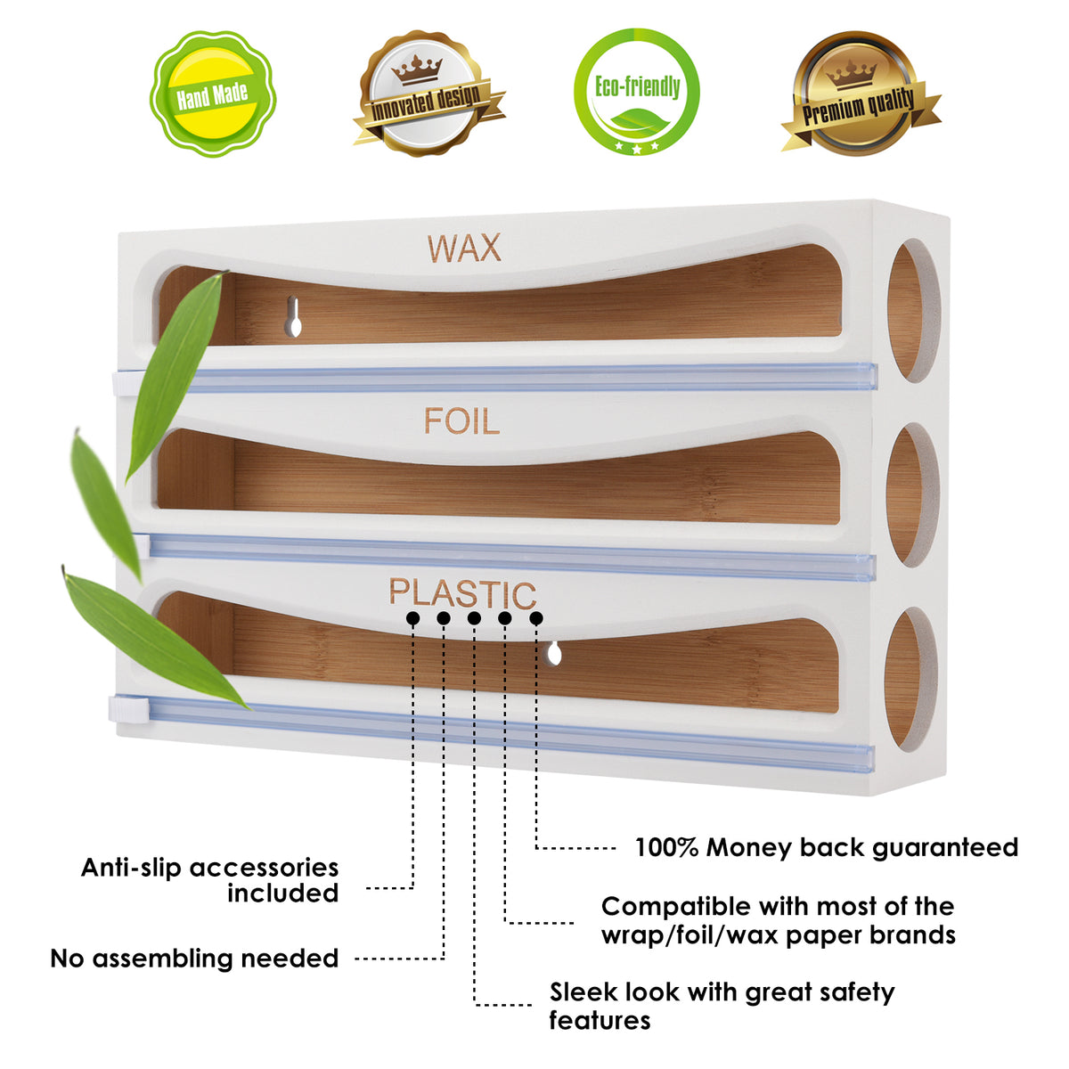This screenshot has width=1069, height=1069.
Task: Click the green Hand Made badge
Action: click(x=212, y=94)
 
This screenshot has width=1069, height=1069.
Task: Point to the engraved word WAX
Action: click(x=464, y=249)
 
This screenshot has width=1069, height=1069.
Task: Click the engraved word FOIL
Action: click(x=461, y=421)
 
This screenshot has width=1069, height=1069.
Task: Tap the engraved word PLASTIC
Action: click(x=462, y=592)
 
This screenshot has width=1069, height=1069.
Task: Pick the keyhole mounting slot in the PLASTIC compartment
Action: click(x=554, y=655)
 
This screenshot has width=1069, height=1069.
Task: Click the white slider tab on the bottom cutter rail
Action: click(x=127, y=708)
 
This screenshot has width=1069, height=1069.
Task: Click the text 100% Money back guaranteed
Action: click(x=826, y=847)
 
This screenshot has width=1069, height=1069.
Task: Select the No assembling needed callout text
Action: click(x=194, y=959)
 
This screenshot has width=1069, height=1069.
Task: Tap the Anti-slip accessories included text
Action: click(x=210, y=880)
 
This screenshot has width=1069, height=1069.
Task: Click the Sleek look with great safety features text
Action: click(x=721, y=1006)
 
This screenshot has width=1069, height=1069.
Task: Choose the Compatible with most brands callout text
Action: click(x=777, y=920)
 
